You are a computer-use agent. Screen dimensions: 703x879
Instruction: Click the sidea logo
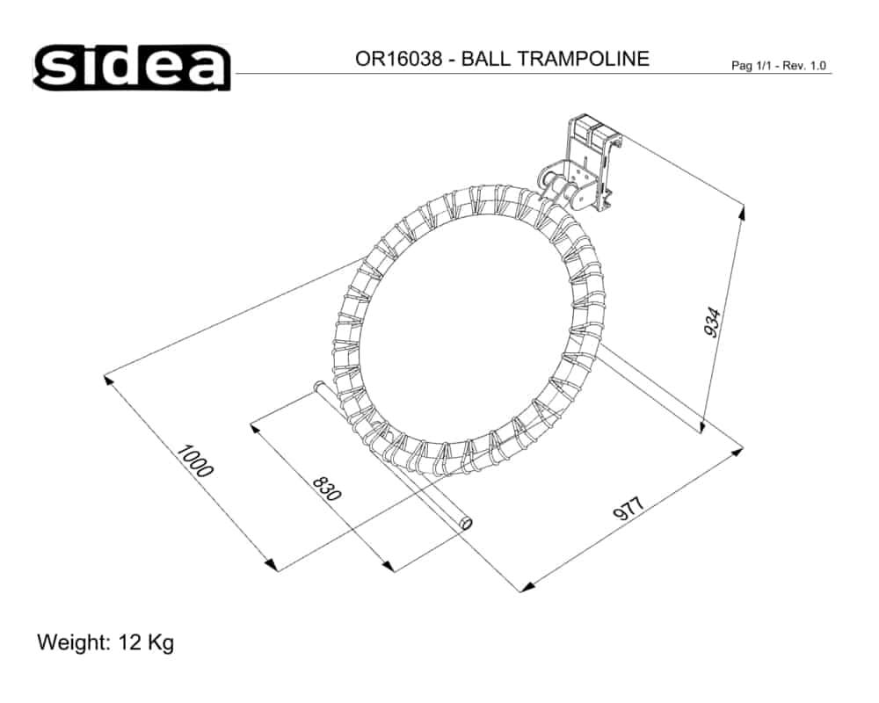click(x=132, y=68)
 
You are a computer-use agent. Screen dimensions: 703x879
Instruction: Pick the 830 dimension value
click(x=326, y=489)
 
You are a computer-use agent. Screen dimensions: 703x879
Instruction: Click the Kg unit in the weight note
click(x=161, y=642)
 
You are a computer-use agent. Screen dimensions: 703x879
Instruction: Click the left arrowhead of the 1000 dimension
click(x=108, y=380)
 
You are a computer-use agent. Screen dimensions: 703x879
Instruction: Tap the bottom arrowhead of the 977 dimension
click(x=525, y=585)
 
